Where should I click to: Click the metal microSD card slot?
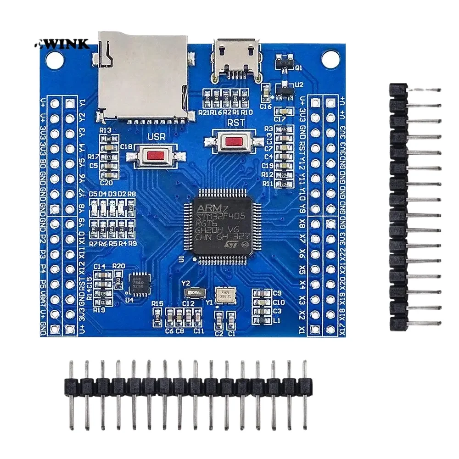[x=143, y=76]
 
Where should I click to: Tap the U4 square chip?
[x=137, y=280]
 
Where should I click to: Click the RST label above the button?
[x=236, y=123]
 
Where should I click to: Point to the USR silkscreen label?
[x=153, y=137]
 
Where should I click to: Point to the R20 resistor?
[x=118, y=277]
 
